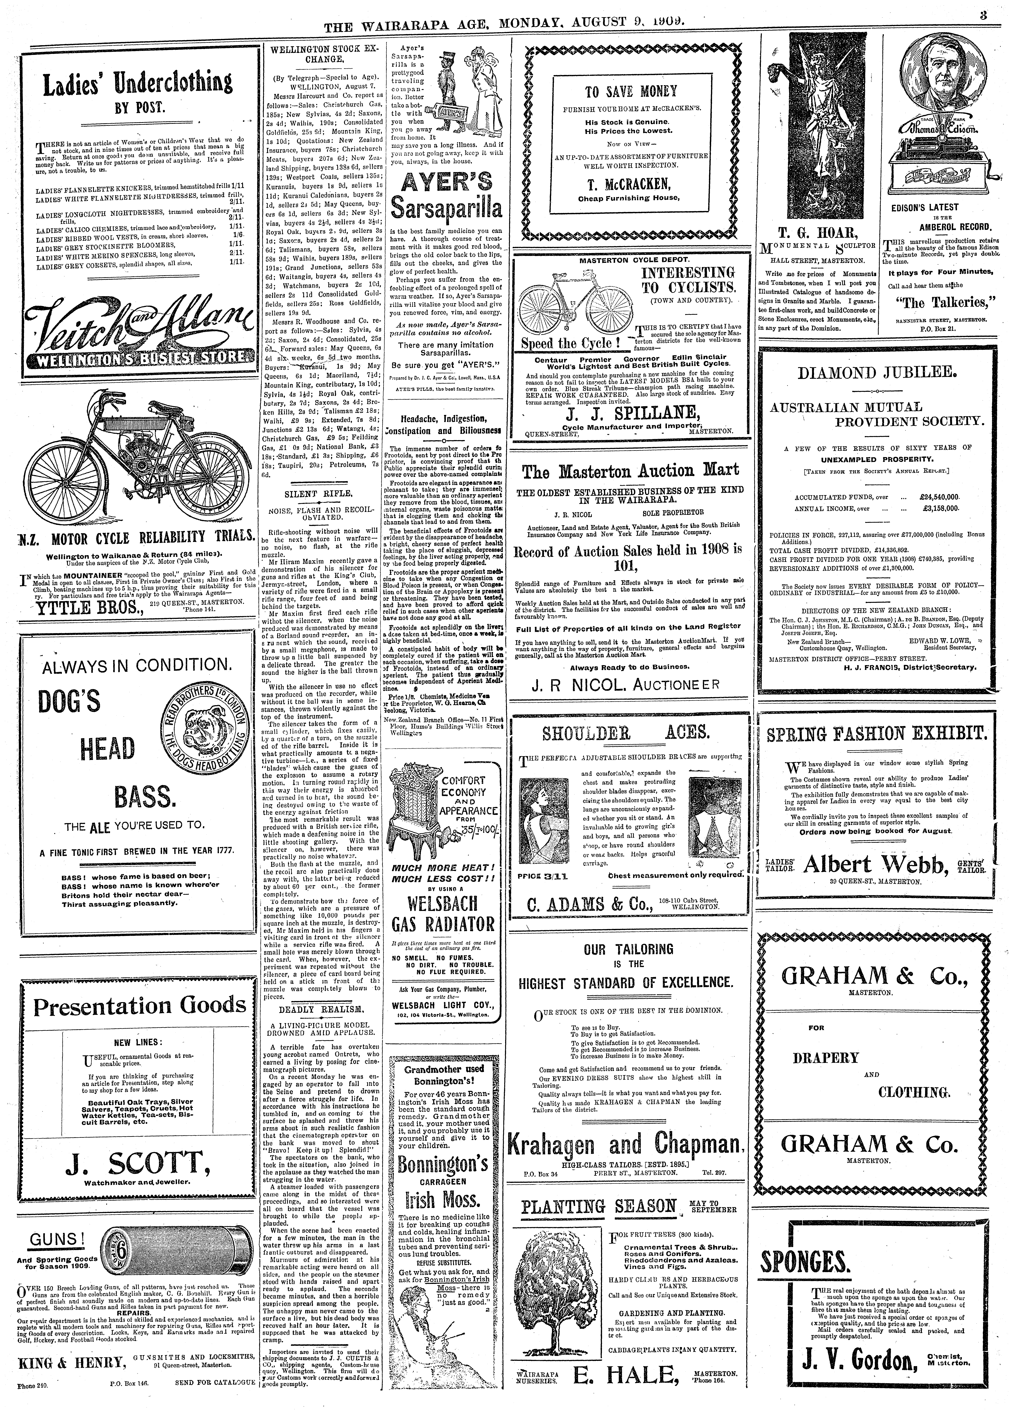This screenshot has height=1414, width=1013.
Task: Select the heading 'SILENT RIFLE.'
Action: (318, 493)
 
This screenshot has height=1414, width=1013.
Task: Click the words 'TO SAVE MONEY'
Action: (630, 92)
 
